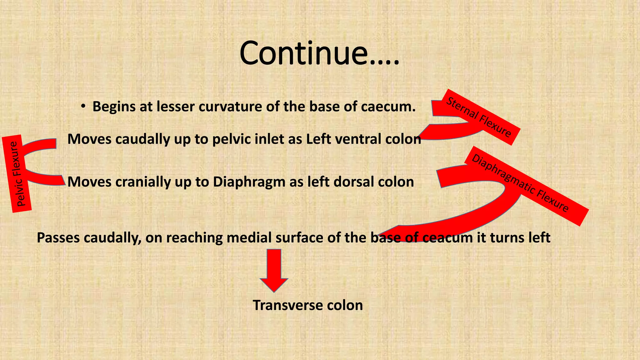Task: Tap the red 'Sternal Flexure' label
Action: point(479,117)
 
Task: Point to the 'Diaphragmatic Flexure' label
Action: point(520,183)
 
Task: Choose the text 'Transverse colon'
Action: point(308,305)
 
